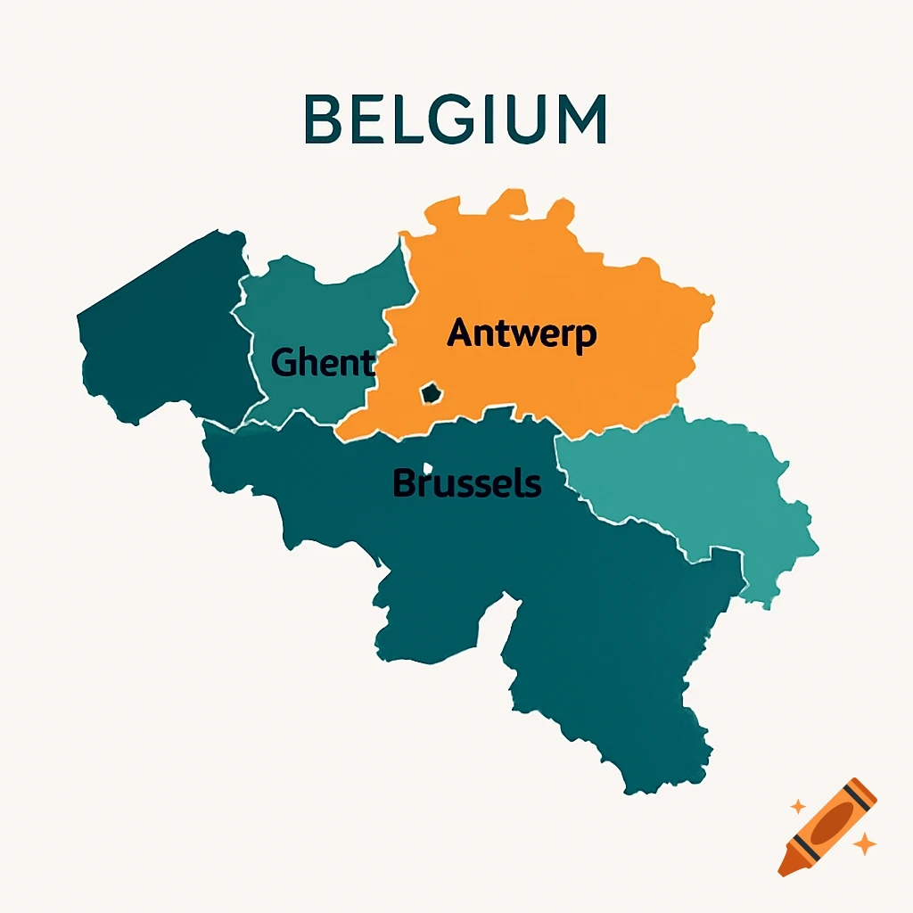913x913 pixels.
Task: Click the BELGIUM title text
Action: pos(455,119)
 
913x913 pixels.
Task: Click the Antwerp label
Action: pos(522,333)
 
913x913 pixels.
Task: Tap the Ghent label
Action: pos(322,363)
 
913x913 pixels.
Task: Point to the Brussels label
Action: pos(466,483)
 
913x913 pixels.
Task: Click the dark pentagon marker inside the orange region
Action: pos(431,392)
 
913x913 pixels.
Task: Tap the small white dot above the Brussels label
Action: pos(428,467)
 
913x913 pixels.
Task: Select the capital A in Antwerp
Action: pos(460,333)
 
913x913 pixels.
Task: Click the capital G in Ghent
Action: pos(284,363)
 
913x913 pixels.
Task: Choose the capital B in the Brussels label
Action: pos(404,483)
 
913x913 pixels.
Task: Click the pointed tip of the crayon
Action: pos(782,871)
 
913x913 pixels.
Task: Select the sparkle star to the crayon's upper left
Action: pos(798,806)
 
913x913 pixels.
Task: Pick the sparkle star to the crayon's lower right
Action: pos(863,843)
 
